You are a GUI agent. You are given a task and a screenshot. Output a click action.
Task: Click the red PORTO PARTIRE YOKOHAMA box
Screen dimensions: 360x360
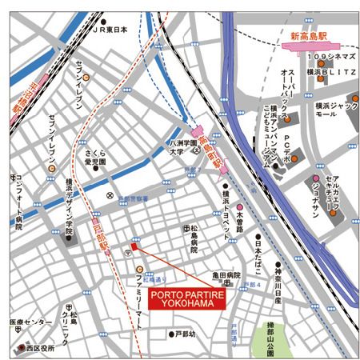(x=186, y=302)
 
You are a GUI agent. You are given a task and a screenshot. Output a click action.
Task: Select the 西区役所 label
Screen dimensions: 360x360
(x=38, y=349)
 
